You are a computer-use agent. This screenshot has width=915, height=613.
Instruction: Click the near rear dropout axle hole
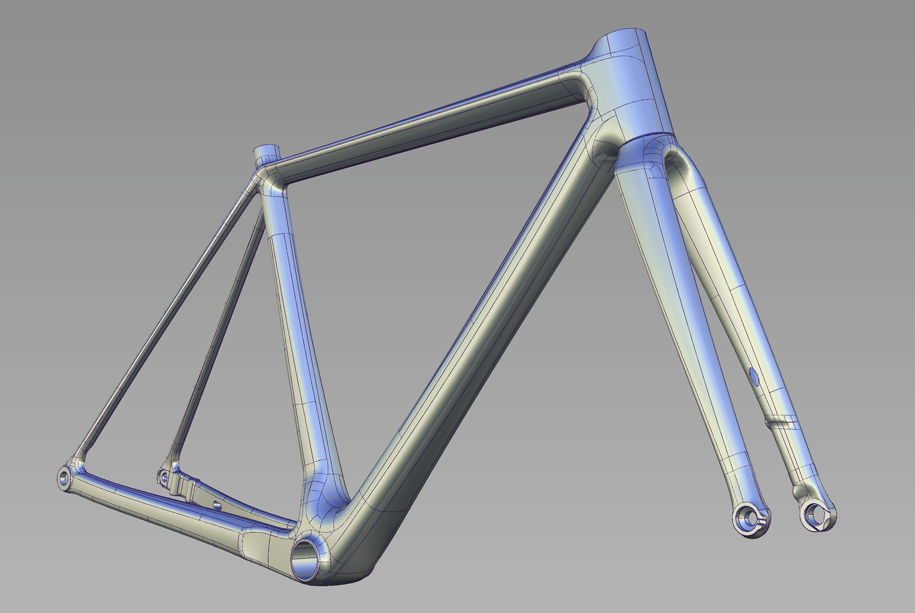coord(64,477)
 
